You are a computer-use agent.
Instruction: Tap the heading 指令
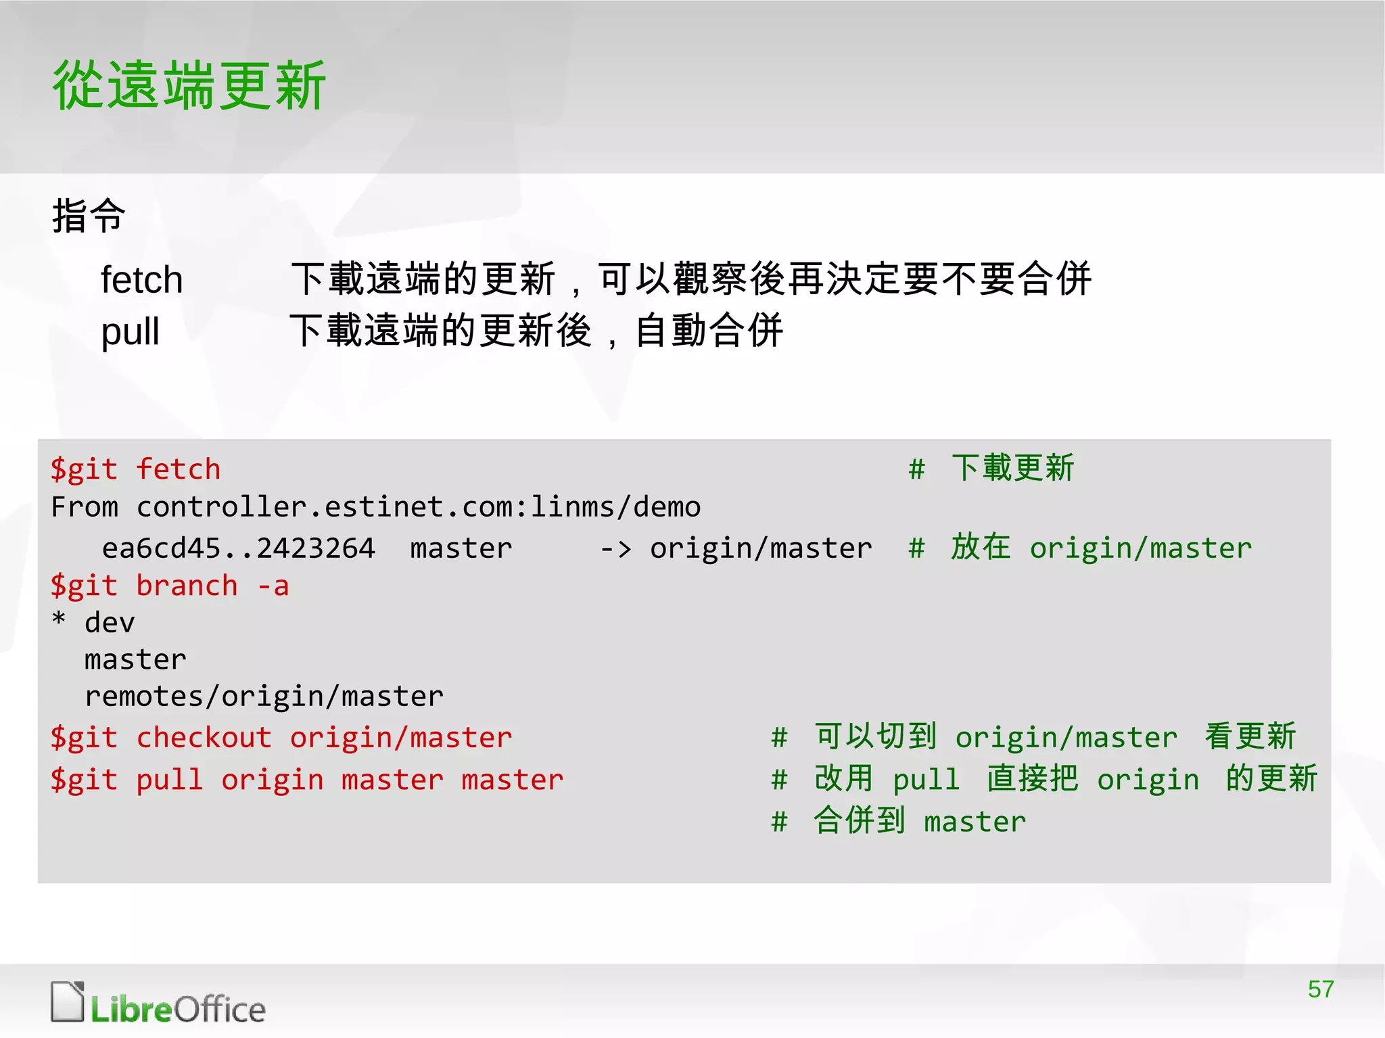tap(89, 216)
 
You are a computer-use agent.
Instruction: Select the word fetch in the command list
tap(142, 279)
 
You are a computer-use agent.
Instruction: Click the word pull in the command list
tap(130, 331)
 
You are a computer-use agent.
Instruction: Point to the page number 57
tap(1320, 989)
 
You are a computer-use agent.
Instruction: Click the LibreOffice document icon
tap(67, 1001)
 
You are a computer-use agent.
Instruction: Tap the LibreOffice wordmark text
tap(179, 1010)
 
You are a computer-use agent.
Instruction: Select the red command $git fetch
tap(135, 469)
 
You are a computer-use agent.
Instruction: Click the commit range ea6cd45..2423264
tap(238, 548)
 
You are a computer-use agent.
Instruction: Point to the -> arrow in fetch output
tap(615, 548)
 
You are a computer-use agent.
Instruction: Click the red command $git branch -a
tap(170, 586)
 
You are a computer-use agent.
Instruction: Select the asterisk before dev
tap(59, 619)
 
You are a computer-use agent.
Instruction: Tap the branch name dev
tap(110, 623)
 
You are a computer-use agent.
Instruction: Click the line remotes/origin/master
tap(264, 697)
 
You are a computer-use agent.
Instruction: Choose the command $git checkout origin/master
tap(281, 737)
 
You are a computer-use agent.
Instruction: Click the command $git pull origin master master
tap(307, 780)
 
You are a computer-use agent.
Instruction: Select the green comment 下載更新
tap(1012, 468)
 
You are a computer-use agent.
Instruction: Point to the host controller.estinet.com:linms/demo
tap(419, 507)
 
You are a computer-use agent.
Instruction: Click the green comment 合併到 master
tap(920, 821)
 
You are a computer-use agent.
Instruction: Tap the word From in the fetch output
tap(85, 507)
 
